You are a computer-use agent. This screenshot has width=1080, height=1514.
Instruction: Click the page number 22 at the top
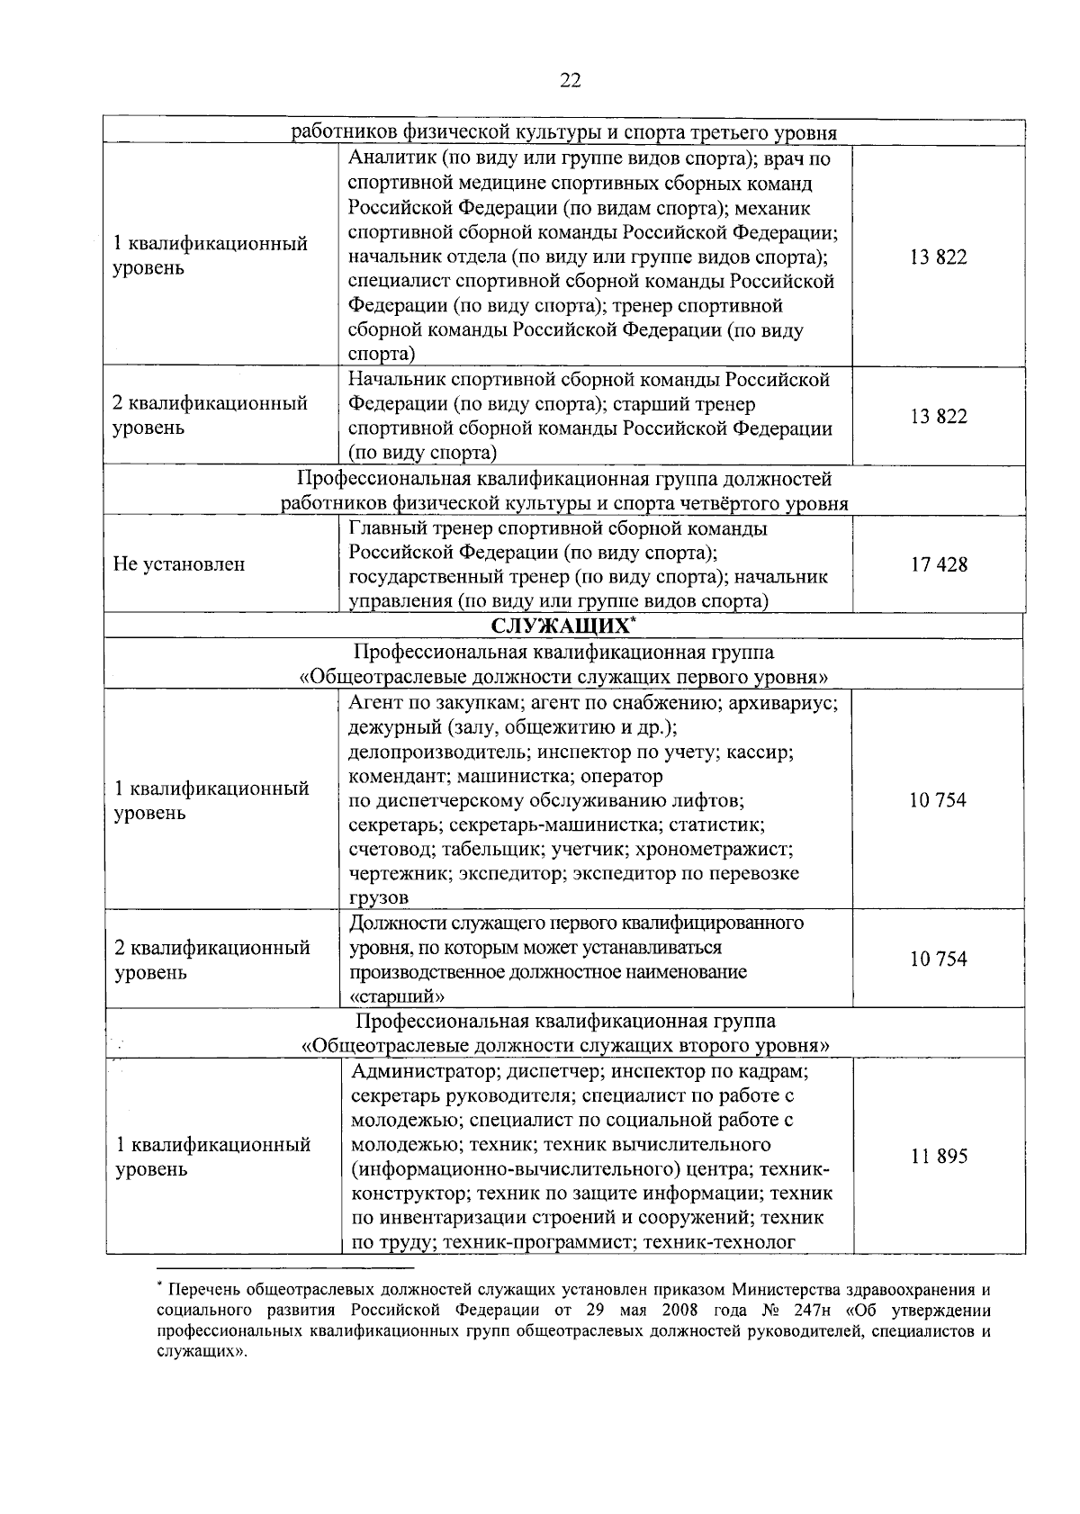(x=570, y=81)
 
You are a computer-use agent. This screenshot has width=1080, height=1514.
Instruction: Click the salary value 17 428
(x=938, y=564)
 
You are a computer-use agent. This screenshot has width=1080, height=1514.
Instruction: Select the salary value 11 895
(x=938, y=1157)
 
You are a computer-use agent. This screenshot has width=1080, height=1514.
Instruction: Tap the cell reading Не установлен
(x=179, y=565)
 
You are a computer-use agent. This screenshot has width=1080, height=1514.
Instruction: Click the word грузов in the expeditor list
(x=378, y=897)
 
